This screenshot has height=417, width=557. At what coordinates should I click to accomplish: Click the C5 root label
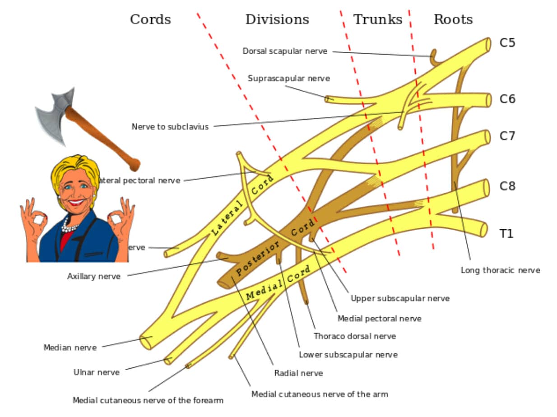pyautogui.click(x=507, y=43)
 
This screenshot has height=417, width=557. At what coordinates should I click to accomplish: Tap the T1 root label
pyautogui.click(x=506, y=234)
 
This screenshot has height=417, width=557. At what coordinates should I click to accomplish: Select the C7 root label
pyautogui.click(x=507, y=136)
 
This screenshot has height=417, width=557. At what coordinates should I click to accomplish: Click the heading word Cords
pyautogui.click(x=150, y=19)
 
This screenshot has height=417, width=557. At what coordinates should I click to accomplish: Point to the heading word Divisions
pyautogui.click(x=277, y=19)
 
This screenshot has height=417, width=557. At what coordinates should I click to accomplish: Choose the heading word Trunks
pyautogui.click(x=377, y=19)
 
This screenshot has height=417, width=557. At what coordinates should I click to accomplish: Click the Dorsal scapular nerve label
pyautogui.click(x=285, y=51)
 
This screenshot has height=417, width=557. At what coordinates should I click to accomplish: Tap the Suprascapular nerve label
pyautogui.click(x=288, y=78)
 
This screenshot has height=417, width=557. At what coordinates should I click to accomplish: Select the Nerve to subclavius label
pyautogui.click(x=170, y=127)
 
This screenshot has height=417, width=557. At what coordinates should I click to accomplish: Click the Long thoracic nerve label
pyautogui.click(x=500, y=270)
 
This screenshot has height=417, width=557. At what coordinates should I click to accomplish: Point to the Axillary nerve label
pyautogui.click(x=94, y=276)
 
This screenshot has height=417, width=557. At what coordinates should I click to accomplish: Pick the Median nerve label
pyautogui.click(x=70, y=347)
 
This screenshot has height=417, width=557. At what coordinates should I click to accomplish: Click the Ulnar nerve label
pyautogui.click(x=97, y=372)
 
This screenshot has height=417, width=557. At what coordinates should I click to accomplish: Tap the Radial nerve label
pyautogui.click(x=298, y=373)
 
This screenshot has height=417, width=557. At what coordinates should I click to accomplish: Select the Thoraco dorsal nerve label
pyautogui.click(x=354, y=336)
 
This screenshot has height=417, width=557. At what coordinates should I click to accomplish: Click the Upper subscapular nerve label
pyautogui.click(x=400, y=298)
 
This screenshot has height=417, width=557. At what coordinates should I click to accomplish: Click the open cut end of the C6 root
pyautogui.click(x=488, y=100)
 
